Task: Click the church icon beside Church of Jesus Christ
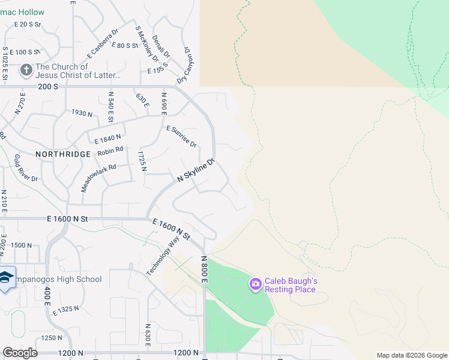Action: point(26,70)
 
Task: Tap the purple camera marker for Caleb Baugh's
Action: point(255,283)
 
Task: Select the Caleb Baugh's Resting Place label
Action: point(291,285)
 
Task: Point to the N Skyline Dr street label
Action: point(196,171)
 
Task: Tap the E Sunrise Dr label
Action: point(181,136)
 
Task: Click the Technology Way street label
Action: point(163,256)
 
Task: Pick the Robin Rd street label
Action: point(110,152)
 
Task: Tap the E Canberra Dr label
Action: point(103,41)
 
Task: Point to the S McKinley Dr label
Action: point(146,44)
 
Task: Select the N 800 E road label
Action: point(204,269)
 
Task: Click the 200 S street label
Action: point(47,86)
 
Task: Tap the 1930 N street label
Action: point(82,113)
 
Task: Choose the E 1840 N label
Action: point(107,139)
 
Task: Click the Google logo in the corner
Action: point(20,353)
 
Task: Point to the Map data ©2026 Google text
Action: point(412,355)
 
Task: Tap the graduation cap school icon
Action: point(6,277)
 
